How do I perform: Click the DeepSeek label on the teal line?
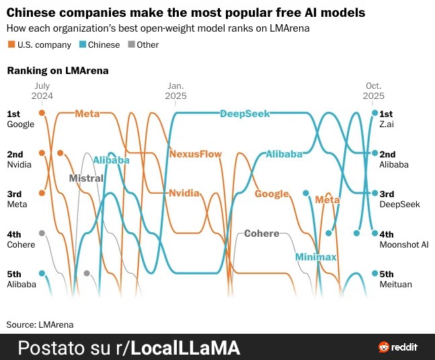tap(245, 114)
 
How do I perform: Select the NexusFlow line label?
tap(195, 153)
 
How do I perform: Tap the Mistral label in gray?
tap(86, 178)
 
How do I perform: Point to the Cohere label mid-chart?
tap(262, 233)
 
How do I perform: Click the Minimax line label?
tap(315, 257)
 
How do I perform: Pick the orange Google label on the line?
tap(272, 194)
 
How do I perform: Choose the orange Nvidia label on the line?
tap(184, 192)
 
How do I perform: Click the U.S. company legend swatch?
tap(11, 45)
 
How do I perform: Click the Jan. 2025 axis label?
tap(175, 91)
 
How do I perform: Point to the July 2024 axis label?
tap(42, 91)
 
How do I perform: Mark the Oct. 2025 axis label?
tap(374, 91)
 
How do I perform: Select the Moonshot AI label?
tap(403, 244)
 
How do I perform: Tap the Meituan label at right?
tap(395, 284)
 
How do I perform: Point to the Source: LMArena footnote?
tap(40, 324)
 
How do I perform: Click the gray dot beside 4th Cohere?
tap(42, 233)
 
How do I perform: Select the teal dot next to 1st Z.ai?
tap(375, 113)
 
